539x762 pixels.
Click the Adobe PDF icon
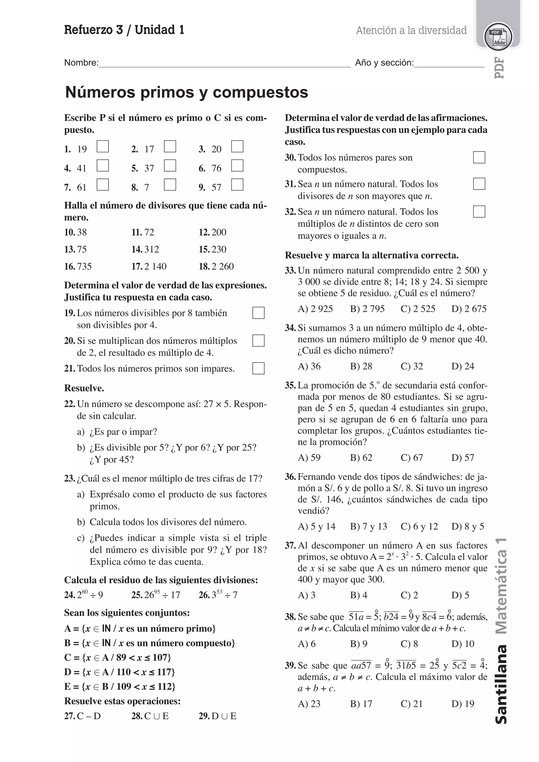[498, 37]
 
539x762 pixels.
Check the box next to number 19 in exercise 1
[103, 146]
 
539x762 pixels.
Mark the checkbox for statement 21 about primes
[258, 368]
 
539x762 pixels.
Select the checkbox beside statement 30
[479, 157]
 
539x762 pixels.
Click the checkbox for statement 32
[479, 211]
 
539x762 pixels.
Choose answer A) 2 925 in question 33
[315, 309]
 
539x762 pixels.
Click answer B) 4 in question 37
[358, 595]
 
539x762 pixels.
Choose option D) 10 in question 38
[463, 644]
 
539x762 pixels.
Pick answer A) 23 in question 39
[309, 704]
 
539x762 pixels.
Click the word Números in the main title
[100, 92]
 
